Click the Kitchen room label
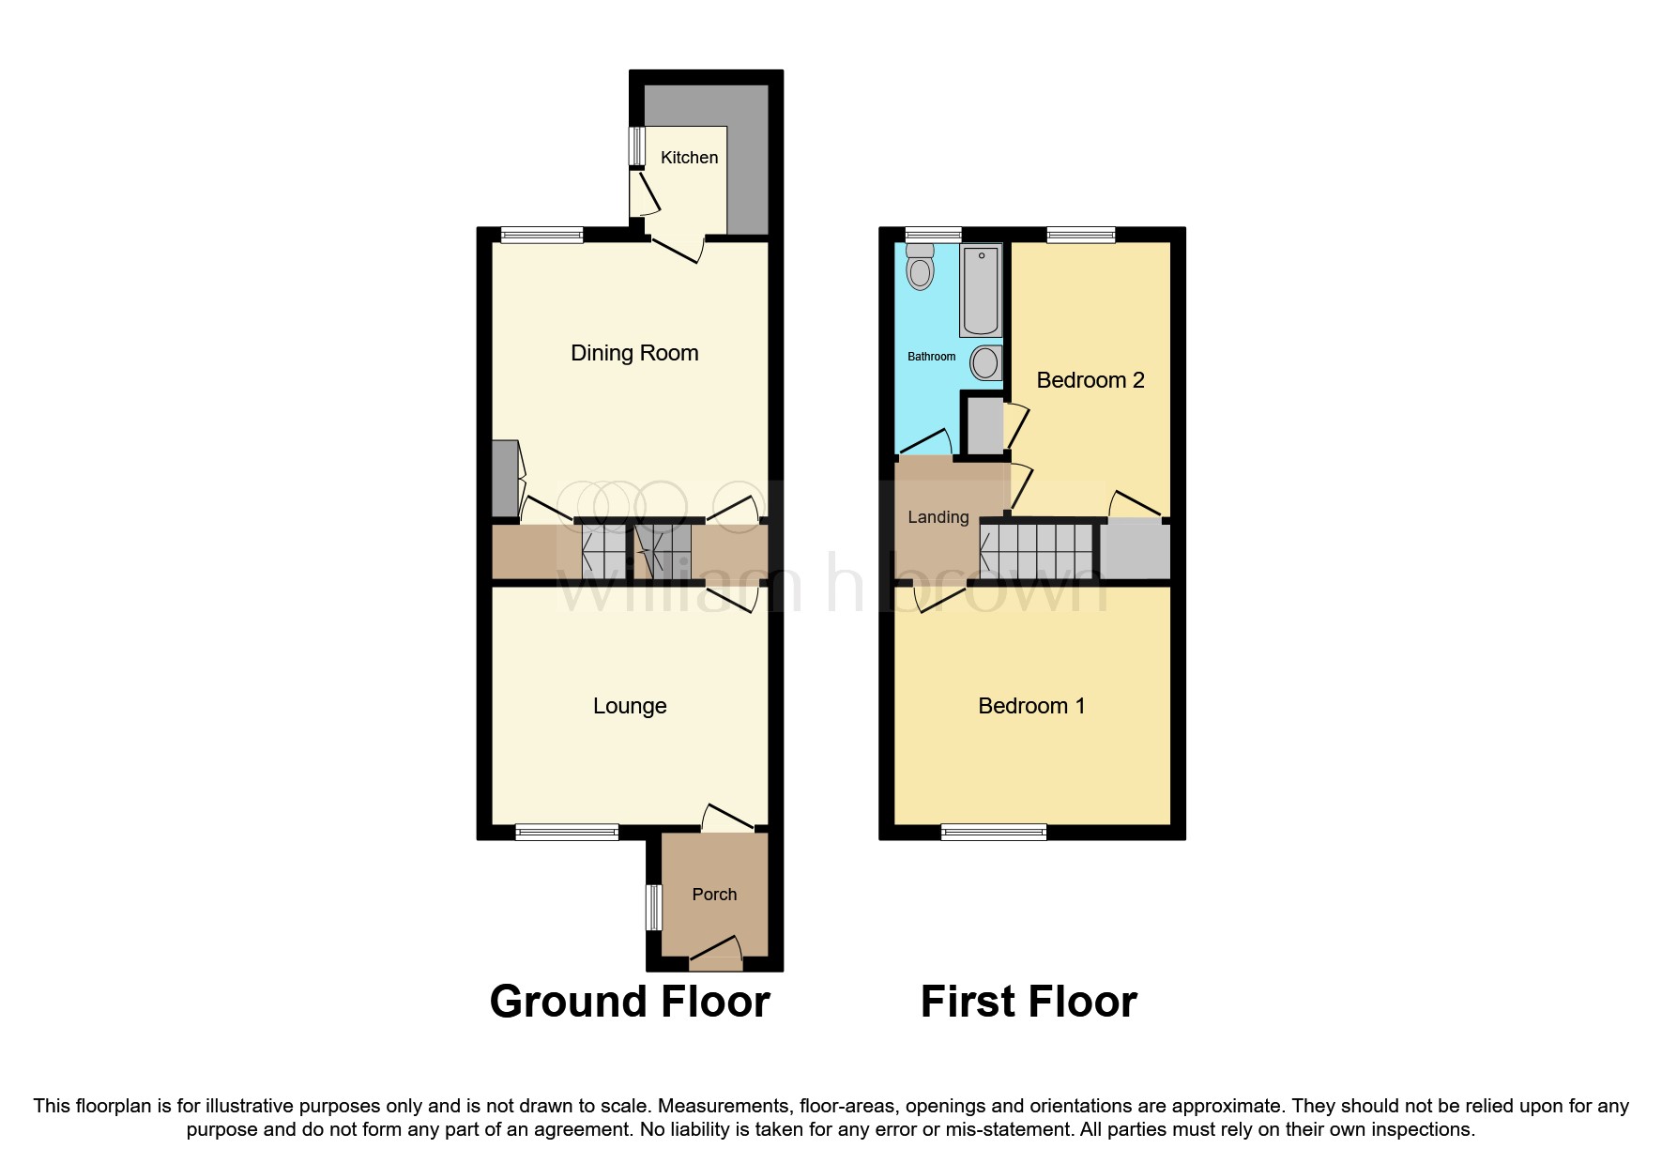(x=689, y=158)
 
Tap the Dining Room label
(x=634, y=353)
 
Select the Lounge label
(x=630, y=706)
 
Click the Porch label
(x=714, y=895)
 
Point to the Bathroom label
(x=931, y=357)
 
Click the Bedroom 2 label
(x=1090, y=380)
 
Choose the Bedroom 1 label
(x=1031, y=706)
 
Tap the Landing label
(x=938, y=517)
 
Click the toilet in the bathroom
(x=921, y=267)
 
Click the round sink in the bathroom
(x=985, y=362)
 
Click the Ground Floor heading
(x=630, y=1002)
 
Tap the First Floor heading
(x=1029, y=1002)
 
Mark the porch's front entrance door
(x=715, y=957)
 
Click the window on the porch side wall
(x=653, y=907)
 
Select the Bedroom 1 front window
(x=994, y=832)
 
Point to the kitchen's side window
(x=636, y=145)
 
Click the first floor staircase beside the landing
(x=1038, y=551)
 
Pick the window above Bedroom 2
(x=1081, y=235)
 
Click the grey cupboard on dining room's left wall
(x=505, y=479)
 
